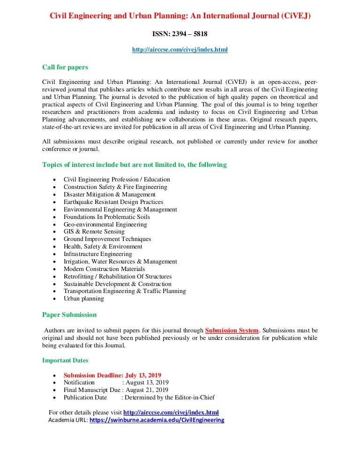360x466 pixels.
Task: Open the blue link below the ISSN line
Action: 180,49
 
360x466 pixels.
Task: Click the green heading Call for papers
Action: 65,67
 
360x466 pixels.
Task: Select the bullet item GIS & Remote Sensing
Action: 94,232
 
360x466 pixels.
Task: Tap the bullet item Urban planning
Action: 84,299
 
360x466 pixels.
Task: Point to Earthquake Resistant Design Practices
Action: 113,202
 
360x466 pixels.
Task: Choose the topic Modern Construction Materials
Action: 104,269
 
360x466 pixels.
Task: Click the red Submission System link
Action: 232,331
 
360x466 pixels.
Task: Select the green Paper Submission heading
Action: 69,315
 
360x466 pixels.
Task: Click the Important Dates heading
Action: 65,361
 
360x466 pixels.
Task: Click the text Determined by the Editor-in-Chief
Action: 169,398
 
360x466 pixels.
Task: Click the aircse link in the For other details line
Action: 171,413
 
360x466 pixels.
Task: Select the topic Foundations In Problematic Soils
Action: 107,217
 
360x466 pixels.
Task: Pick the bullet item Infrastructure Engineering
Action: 98,254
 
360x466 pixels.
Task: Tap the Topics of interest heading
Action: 135,165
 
